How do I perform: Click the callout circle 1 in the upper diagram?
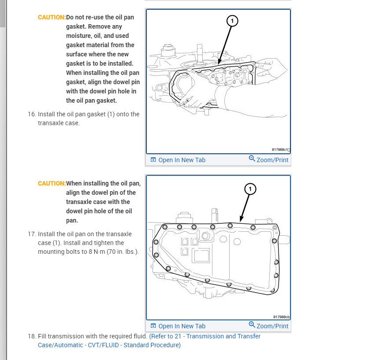coord(232,20)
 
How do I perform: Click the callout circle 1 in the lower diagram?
coord(250,189)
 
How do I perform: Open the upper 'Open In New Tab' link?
coord(182,160)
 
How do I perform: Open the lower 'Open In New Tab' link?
coord(182,326)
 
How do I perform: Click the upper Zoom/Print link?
coord(272,160)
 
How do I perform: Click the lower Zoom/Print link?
coord(272,326)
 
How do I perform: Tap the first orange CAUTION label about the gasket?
coord(52,17)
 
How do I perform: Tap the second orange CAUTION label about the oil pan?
coord(52,183)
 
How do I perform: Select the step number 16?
coord(32,114)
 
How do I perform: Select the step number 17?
coord(32,234)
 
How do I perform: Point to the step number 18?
coord(32,336)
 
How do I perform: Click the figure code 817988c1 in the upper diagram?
coord(280,150)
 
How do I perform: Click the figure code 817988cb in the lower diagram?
coord(281,317)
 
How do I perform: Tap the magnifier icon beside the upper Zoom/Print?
coord(252,159)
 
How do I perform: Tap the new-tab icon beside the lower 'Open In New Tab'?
coord(153,326)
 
